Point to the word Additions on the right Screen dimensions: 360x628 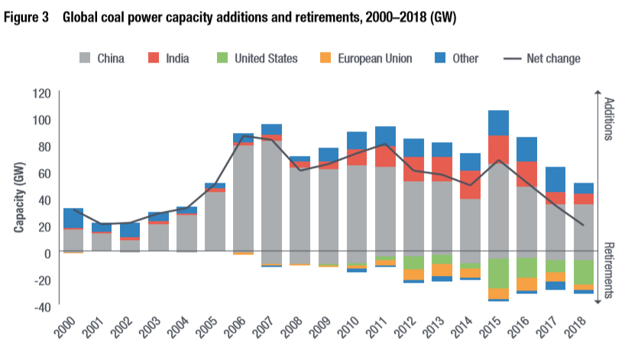[x=609, y=119]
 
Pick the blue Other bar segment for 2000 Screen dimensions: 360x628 [x=73, y=218]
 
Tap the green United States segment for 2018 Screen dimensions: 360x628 [x=584, y=271]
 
